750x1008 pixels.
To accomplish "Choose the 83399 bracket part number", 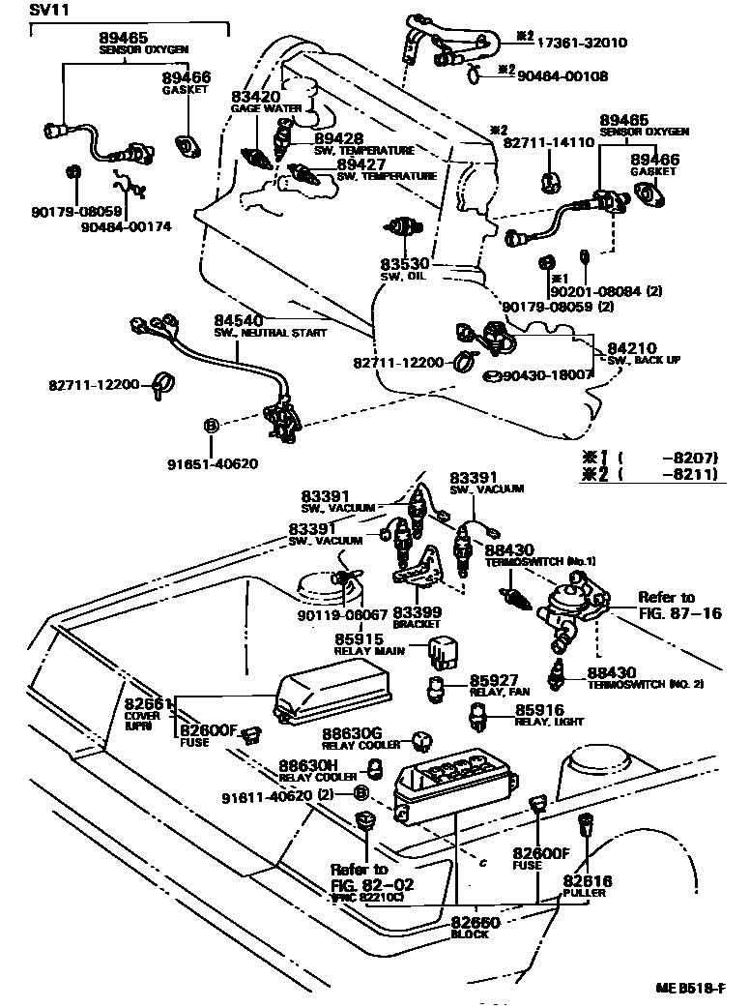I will coord(418,613).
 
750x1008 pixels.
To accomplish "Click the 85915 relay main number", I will coord(360,639).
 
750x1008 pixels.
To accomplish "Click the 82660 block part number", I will coord(476,924).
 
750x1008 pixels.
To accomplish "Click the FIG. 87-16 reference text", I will coord(679,613).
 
